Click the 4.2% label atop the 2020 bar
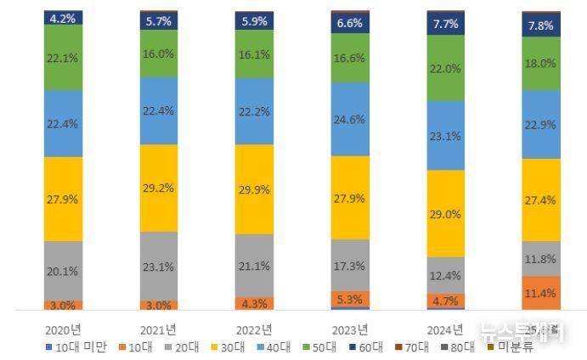point(64,17)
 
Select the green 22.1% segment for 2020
point(64,57)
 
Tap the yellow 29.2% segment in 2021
point(159,188)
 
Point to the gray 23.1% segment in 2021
point(159,266)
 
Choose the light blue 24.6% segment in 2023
point(350,119)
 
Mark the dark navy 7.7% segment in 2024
point(445,23)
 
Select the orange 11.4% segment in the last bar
point(540,294)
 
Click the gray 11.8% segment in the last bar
point(540,259)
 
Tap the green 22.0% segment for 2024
point(445,68)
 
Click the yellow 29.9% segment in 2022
point(254,188)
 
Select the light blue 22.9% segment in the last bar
point(540,125)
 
